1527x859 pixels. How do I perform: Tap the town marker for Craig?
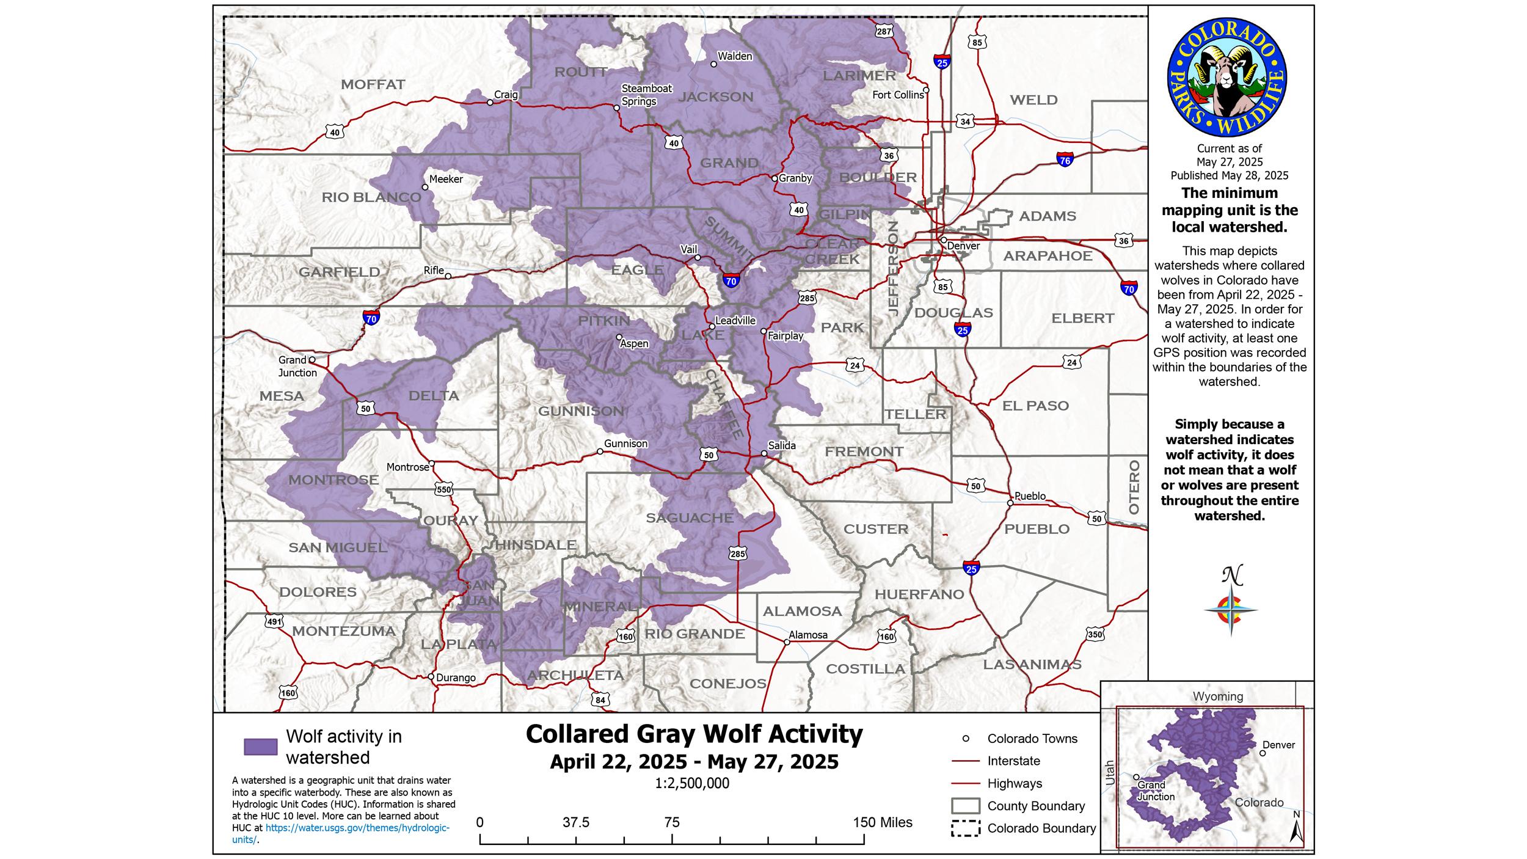point(490,103)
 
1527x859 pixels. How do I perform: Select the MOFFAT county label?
point(373,85)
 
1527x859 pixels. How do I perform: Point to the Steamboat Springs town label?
point(646,95)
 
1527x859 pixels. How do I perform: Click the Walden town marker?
point(713,64)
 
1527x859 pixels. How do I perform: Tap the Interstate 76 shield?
point(1065,160)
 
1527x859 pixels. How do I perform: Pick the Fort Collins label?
point(898,95)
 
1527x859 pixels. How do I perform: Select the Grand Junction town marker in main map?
point(312,360)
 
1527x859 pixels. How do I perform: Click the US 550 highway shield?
point(444,489)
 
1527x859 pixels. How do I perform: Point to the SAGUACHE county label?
point(690,518)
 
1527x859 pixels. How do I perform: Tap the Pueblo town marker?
point(1010,503)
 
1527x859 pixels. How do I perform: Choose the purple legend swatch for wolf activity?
point(261,747)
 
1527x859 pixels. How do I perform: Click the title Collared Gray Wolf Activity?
point(694,734)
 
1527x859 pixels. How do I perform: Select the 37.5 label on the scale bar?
point(576,822)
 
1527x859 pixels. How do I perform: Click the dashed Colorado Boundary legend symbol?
point(965,828)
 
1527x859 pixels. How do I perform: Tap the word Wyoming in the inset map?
point(1218,696)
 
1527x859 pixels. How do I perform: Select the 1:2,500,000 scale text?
point(692,784)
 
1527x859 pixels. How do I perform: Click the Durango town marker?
point(431,677)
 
